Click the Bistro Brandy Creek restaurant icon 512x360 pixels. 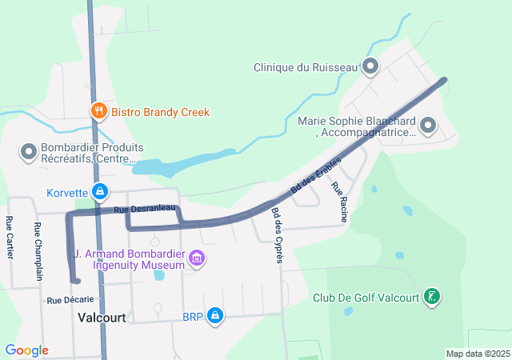[99, 112]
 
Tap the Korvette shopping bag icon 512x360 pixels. [100, 192]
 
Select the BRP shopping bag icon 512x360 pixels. [214, 317]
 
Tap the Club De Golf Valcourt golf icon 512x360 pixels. [432, 298]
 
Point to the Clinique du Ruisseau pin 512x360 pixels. [370, 67]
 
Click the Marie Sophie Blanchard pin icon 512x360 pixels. [427, 125]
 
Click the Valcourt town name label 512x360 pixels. [102, 318]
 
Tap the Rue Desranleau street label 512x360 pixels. [144, 209]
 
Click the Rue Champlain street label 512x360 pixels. [38, 250]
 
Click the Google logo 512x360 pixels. [26, 350]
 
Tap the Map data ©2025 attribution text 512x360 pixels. [477, 354]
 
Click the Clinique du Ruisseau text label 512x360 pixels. [305, 68]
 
